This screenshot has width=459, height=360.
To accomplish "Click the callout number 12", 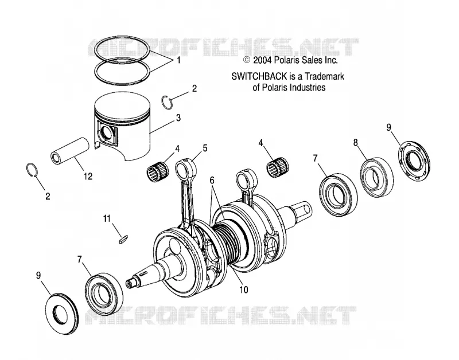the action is (x=88, y=176).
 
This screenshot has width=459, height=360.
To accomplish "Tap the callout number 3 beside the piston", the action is (x=178, y=118).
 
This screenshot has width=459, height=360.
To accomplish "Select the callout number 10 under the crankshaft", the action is (x=243, y=290).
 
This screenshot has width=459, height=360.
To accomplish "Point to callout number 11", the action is (x=107, y=218).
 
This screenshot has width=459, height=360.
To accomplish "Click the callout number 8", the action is (x=355, y=142).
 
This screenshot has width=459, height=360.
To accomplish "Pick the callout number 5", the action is (x=205, y=148).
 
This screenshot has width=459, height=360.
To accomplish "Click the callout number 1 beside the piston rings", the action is (x=178, y=61).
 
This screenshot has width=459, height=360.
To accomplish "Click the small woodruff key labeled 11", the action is (x=123, y=238).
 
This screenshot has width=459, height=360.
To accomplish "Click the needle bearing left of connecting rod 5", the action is (x=158, y=170).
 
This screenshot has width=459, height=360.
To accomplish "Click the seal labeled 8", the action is (x=376, y=177).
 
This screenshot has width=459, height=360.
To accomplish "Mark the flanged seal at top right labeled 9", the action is (x=414, y=159).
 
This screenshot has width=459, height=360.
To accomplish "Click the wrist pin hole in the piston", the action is (x=107, y=132).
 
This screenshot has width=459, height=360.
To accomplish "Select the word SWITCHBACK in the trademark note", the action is (x=259, y=76).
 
